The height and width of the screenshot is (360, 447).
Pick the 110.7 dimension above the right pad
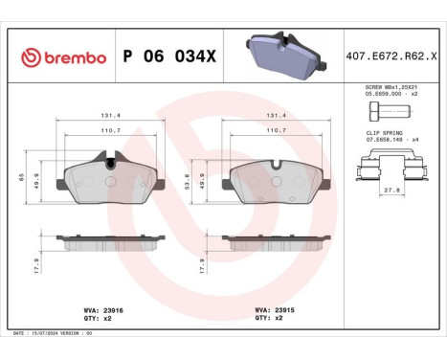277,128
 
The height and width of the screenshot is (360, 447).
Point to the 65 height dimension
22,178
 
